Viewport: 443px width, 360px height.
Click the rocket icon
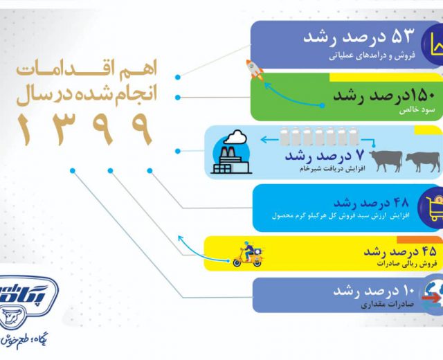(254, 70)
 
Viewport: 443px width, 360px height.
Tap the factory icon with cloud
(231, 152)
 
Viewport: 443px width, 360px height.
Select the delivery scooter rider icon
(248, 254)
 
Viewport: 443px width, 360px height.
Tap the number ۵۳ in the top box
(402, 36)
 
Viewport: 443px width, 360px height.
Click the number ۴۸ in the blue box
(400, 203)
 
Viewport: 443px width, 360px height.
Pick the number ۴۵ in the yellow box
(428, 251)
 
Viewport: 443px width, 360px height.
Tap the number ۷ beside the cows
(360, 155)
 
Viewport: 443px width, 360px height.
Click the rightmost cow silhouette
(423, 161)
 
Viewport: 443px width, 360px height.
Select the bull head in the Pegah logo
(11, 317)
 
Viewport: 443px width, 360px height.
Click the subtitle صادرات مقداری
(387, 305)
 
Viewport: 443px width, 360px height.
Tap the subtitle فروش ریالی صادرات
(407, 264)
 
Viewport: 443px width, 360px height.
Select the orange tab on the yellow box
(420, 240)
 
